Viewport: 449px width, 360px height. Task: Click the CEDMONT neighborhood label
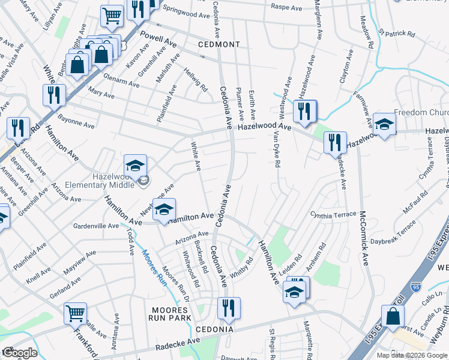[220, 44]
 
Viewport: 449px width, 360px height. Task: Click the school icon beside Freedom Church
[384, 124]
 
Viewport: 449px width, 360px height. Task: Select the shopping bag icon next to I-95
[393, 316]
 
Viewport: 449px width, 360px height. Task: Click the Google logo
[20, 353]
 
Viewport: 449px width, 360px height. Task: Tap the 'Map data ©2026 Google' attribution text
[412, 355]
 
